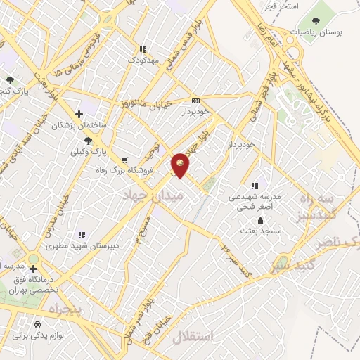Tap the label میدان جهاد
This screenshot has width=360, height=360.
152,195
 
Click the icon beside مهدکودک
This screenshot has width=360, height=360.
143,49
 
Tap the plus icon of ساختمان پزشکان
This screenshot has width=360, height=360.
79,113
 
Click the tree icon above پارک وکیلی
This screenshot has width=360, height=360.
88,141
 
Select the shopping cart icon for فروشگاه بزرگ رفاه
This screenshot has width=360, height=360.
124,160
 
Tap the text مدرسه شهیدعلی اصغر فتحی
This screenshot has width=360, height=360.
255,202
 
